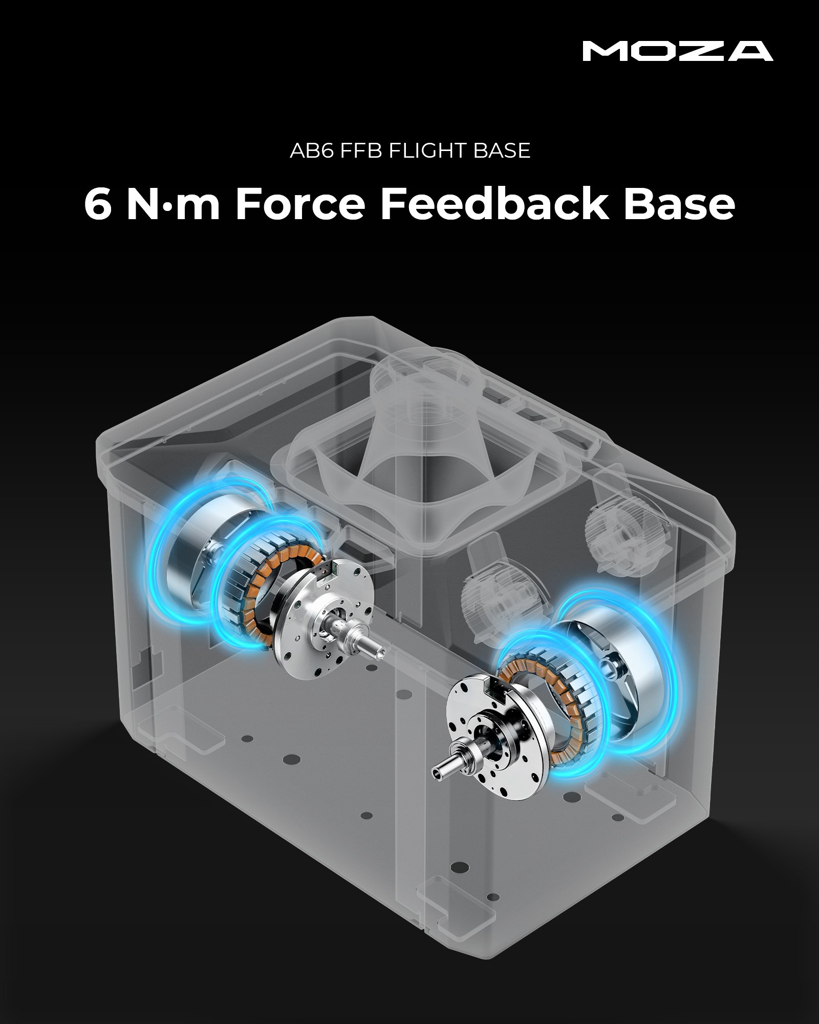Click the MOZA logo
pos(678,51)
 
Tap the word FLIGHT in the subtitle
pos(428,151)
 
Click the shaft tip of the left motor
pos(380,651)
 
